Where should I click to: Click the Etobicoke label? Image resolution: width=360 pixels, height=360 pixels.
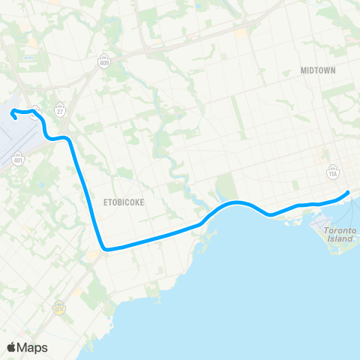[124, 202]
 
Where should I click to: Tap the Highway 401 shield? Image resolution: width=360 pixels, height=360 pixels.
[18, 160]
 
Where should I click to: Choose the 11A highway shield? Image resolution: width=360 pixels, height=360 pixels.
[333, 173]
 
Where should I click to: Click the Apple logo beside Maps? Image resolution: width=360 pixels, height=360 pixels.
[13, 347]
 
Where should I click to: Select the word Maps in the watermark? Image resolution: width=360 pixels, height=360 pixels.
[33, 347]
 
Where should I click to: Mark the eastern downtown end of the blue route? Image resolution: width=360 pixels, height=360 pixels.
[349, 193]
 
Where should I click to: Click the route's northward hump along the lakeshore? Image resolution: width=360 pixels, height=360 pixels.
[236, 202]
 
